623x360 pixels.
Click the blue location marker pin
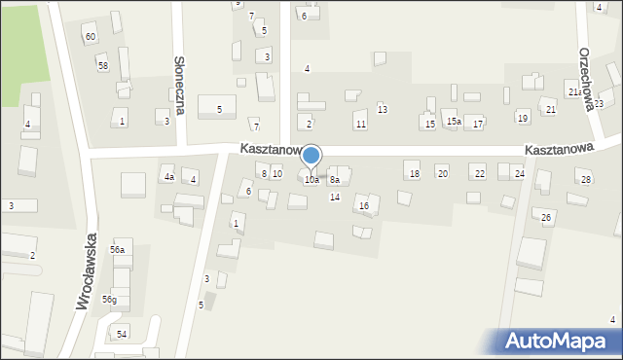pos(311,157)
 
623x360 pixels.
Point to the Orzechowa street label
pos(586,77)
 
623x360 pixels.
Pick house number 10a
pos(311,180)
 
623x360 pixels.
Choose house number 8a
pos(334,180)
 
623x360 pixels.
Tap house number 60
pos(90,37)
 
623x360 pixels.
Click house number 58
pos(102,65)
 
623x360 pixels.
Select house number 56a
pos(118,250)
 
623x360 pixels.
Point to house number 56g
pos(110,299)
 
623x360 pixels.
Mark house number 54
pos(121,334)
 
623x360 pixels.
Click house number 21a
pos(575,92)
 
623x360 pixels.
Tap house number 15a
pos(454,122)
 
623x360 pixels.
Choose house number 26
pos(546,216)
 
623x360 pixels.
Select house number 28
pos(585,180)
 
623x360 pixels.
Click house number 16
pos(363,205)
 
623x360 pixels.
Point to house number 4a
pos(168,177)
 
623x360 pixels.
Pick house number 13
pos(383,109)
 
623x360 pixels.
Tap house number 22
pos(479,173)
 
